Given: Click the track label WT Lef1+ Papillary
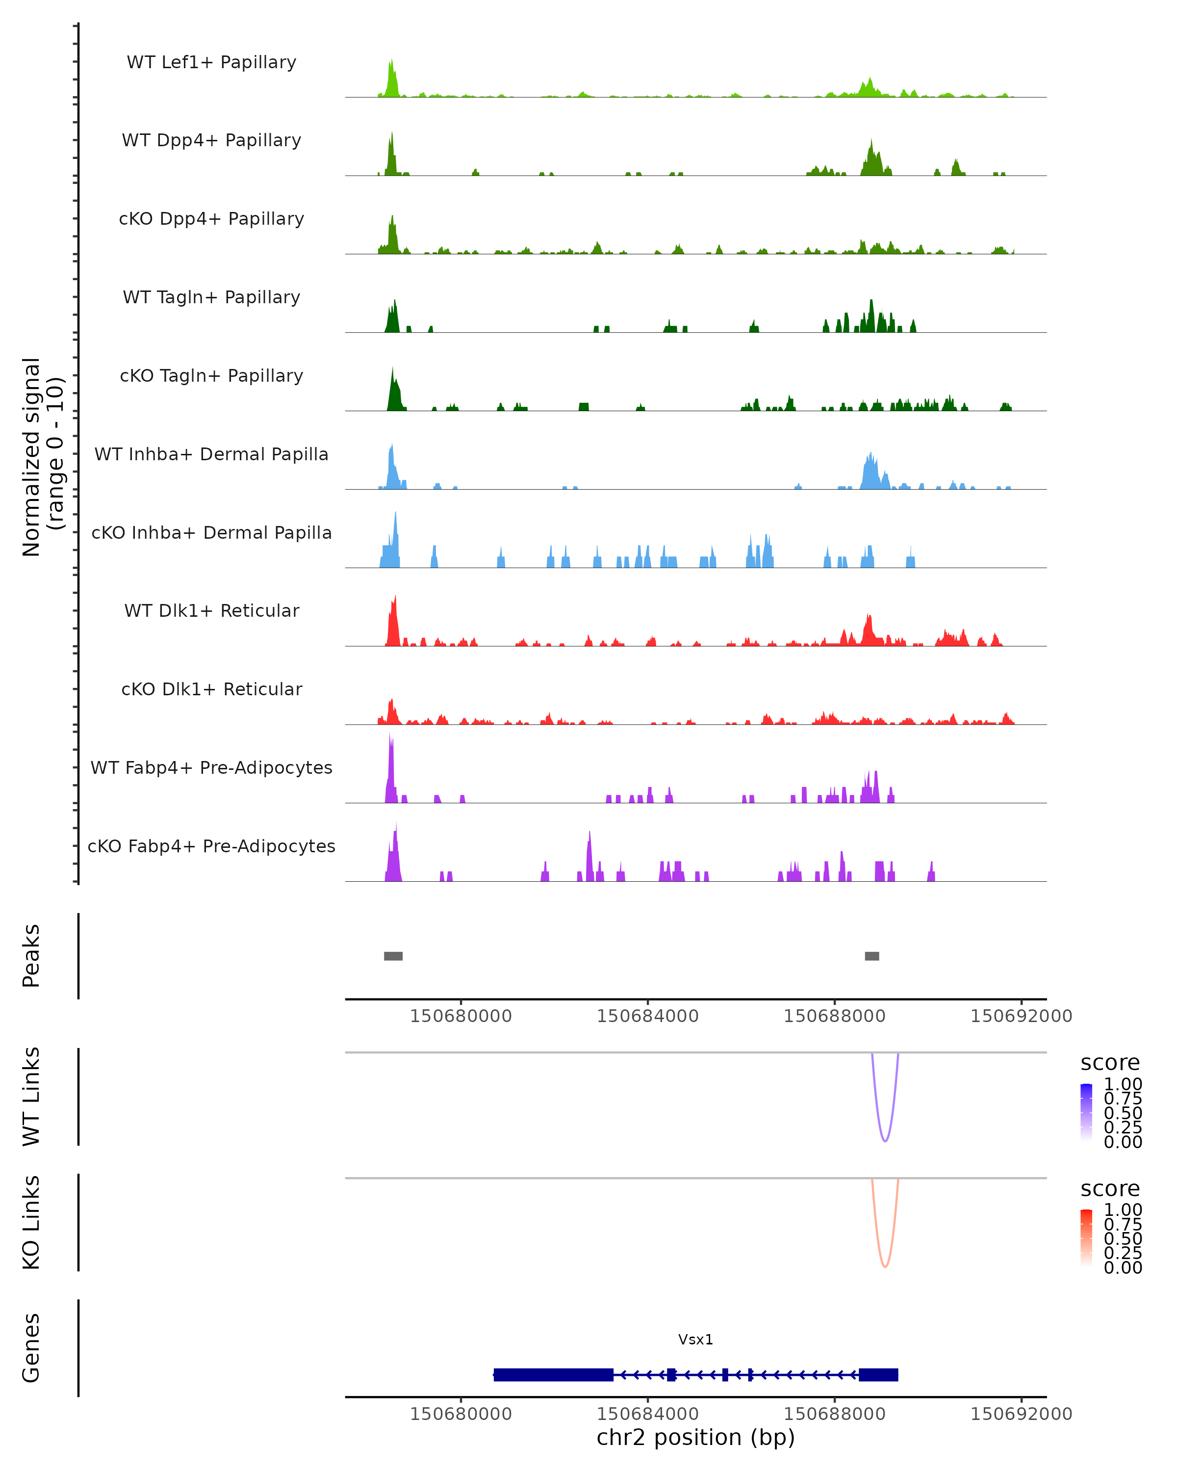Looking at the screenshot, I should (x=211, y=62).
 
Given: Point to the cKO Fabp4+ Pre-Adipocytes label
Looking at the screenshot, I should (x=211, y=846).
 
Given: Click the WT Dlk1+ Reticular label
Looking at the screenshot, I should (x=211, y=610).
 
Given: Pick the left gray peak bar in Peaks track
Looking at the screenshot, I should (x=393, y=956).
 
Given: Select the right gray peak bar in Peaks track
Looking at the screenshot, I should (x=871, y=956).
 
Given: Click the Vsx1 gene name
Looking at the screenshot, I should (x=695, y=1340).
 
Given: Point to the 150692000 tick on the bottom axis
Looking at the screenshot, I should (x=1021, y=1414).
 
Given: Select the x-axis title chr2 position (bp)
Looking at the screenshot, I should (x=695, y=1438).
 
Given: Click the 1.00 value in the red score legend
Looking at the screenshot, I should (x=1123, y=1210).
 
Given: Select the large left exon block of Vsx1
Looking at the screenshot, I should (x=553, y=1374).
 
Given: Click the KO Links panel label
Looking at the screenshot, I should (x=31, y=1222).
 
